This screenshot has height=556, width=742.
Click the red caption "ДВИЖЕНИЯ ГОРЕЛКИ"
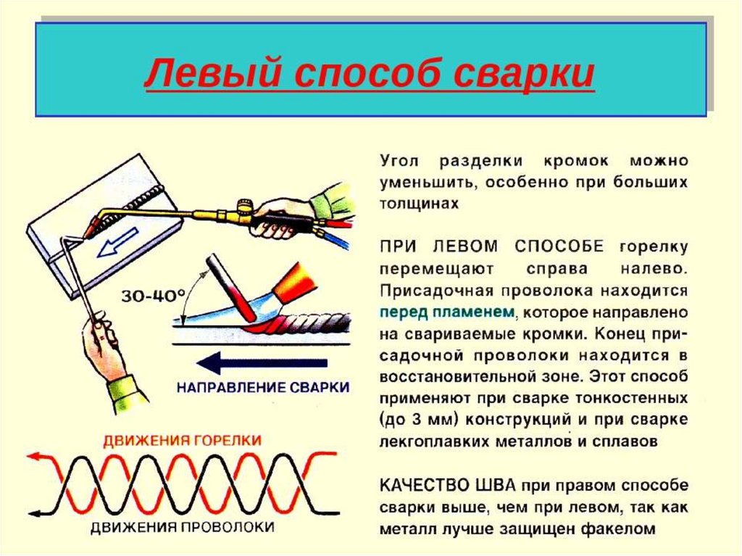182,440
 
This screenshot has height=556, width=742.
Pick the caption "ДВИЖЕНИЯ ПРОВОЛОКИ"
182,527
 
